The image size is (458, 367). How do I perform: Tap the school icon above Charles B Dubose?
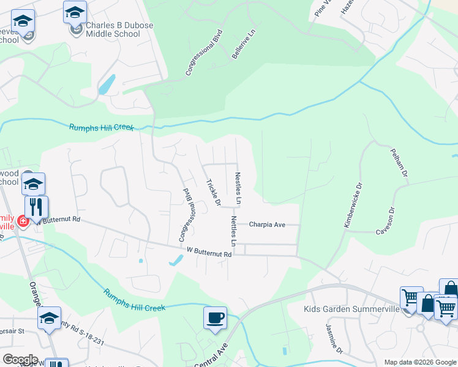tap(75, 12)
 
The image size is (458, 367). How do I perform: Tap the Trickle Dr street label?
tap(213, 191)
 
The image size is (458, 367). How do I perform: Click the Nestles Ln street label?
tap(238, 188)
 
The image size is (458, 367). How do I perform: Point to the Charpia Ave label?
tap(267, 224)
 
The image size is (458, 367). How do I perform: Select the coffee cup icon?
tap(215, 318)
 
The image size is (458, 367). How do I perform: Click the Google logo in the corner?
tap(20, 360)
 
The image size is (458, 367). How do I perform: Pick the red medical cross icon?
tap(23, 221)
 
